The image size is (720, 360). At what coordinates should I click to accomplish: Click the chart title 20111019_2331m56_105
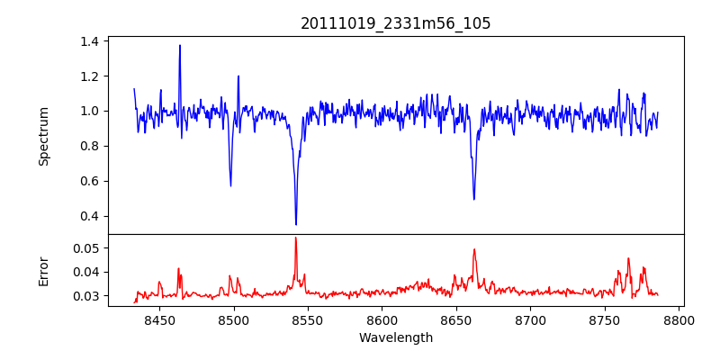click(x=396, y=23)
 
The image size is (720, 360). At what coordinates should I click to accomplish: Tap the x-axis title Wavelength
click(x=396, y=338)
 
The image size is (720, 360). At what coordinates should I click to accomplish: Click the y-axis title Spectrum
click(x=43, y=136)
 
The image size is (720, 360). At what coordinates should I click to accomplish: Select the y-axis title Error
click(x=43, y=271)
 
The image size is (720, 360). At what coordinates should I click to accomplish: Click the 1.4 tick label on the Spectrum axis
click(x=90, y=41)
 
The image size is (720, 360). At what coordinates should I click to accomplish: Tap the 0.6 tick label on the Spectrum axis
click(x=90, y=181)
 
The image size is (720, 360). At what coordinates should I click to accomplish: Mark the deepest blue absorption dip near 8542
click(x=296, y=224)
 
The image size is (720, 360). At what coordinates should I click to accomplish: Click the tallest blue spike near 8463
click(x=180, y=45)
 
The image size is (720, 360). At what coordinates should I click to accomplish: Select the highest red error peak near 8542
click(x=295, y=238)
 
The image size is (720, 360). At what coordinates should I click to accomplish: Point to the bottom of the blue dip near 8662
click(x=474, y=199)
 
